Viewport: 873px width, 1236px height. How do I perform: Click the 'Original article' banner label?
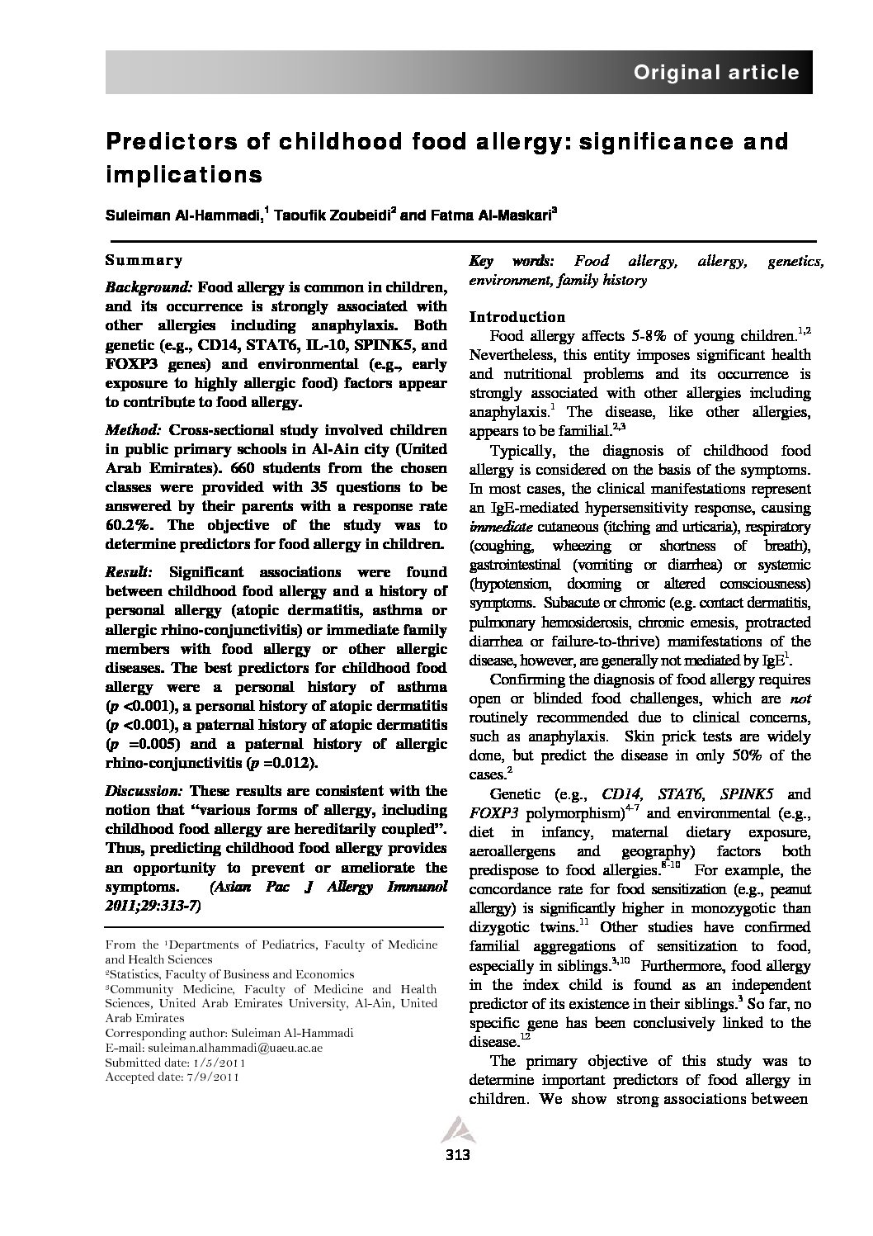715,72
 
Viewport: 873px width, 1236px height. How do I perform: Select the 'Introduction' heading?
517,316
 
